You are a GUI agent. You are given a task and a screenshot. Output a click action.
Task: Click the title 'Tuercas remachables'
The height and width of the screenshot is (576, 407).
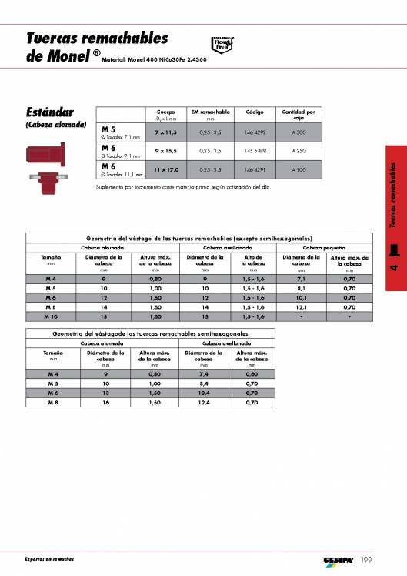coord(96,38)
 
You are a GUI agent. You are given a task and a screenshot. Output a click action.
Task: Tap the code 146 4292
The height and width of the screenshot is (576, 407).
coord(255,132)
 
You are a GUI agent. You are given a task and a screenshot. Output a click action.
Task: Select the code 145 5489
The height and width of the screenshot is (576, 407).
coord(255,150)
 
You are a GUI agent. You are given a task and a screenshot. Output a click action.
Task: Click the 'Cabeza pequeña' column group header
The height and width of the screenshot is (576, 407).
coord(323,248)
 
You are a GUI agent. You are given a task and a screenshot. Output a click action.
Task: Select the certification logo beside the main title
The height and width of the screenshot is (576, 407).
coord(221,44)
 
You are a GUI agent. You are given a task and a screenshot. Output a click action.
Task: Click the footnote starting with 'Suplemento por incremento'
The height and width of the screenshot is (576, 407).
coord(183,187)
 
